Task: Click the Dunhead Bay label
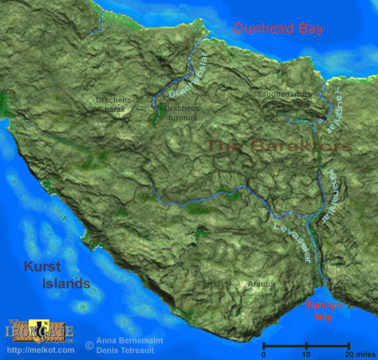pyautogui.click(x=278, y=28)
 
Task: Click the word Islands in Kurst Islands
pyautogui.click(x=65, y=284)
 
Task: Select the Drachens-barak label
pyautogui.click(x=116, y=104)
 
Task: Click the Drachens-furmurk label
pyautogui.click(x=183, y=113)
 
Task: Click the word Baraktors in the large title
pyautogui.click(x=301, y=146)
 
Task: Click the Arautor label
pyautogui.click(x=261, y=284)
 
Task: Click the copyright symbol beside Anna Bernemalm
pyautogui.click(x=89, y=344)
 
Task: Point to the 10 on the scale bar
pyautogui.click(x=306, y=355)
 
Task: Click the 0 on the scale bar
pyautogui.click(x=264, y=355)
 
